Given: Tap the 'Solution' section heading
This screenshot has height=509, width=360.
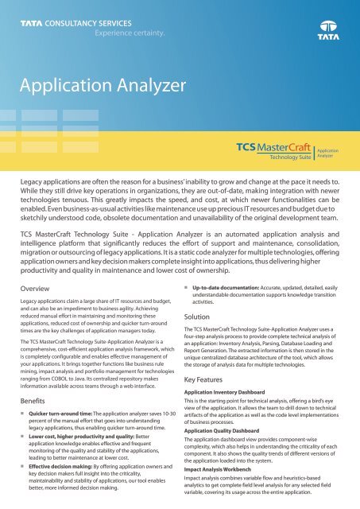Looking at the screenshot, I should tap(207, 294).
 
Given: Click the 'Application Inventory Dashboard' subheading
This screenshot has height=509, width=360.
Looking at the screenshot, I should tap(244, 371).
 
